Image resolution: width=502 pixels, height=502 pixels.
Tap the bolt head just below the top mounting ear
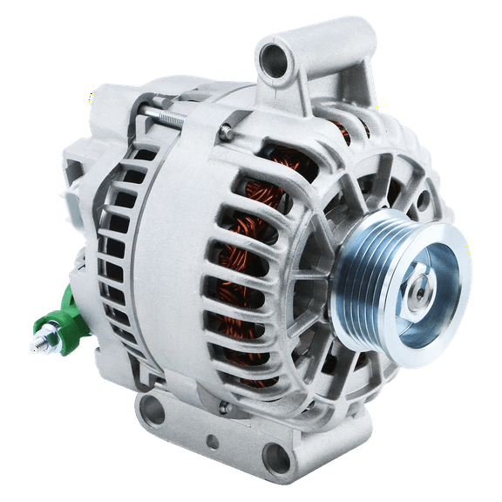tap(226, 132)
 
